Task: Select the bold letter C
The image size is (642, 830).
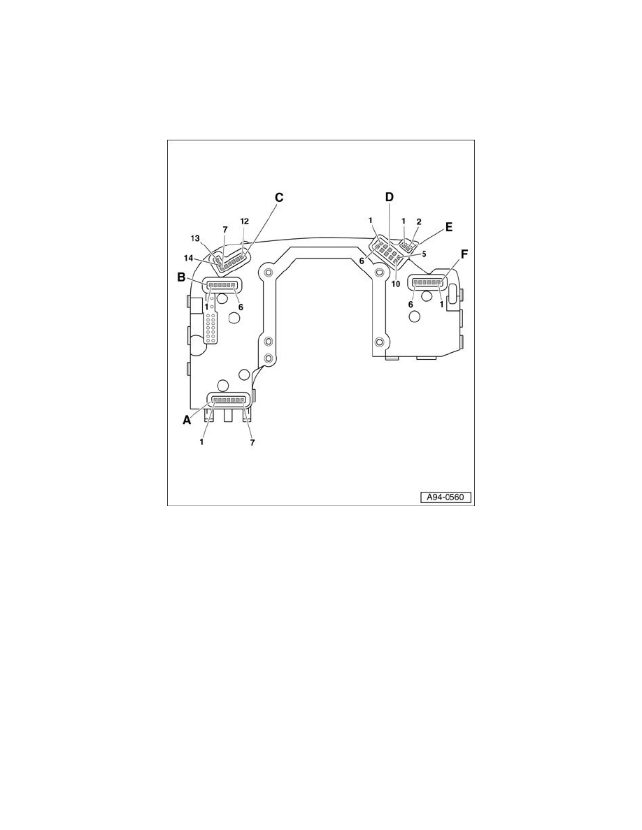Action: [x=279, y=198]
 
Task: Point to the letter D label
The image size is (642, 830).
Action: [x=390, y=198]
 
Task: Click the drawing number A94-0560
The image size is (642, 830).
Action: [x=446, y=498]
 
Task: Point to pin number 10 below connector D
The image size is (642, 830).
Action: [x=396, y=283]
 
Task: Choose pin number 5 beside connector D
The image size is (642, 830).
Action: [x=424, y=254]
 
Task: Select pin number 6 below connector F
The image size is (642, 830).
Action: [x=411, y=305]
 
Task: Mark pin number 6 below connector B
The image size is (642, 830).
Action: [x=241, y=306]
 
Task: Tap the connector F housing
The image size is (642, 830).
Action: [x=427, y=283]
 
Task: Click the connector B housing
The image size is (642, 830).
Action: [x=221, y=284]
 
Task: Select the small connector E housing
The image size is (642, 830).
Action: [x=408, y=247]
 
